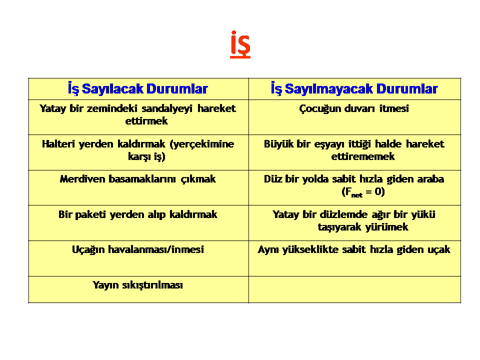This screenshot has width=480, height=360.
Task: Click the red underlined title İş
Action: coord(240,44)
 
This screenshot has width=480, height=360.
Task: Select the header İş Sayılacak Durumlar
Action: coord(138,89)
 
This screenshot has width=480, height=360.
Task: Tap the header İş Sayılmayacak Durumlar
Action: coord(354,89)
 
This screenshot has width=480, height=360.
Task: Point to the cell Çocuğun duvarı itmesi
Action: coord(354,117)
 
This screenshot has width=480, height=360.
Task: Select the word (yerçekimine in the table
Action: coord(201,144)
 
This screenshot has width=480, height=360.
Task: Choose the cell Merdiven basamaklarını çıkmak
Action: coord(138,187)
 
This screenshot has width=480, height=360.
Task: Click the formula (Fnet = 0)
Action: coord(363,192)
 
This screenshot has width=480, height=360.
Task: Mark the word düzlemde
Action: coord(343,214)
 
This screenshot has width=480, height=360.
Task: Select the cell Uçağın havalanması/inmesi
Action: coord(138,258)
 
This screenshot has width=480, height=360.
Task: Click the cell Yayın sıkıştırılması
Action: coord(138,289)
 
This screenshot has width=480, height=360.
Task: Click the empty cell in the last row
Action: coord(354,289)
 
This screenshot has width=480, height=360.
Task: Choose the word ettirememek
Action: coord(363,156)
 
